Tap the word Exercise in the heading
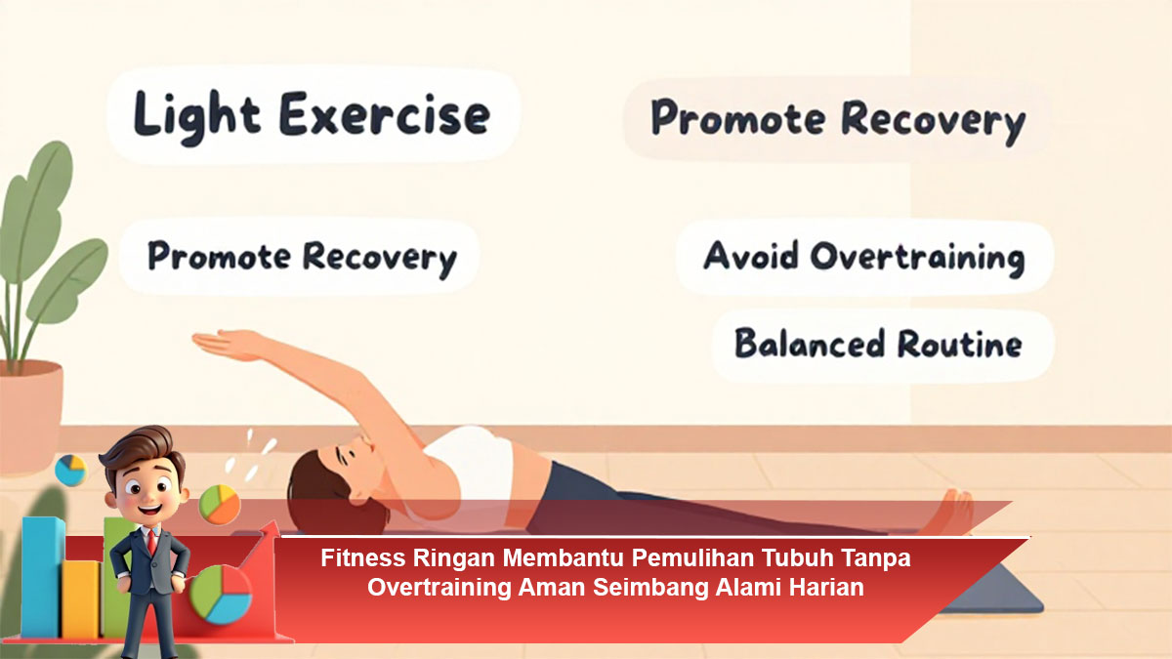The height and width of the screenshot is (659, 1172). (385, 114)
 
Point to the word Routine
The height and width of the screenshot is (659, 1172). (959, 344)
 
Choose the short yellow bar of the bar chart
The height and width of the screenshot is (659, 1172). (82, 599)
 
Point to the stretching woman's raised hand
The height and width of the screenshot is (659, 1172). (225, 344)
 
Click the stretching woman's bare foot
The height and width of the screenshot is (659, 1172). (949, 513)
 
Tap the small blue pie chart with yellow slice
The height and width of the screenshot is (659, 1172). (70, 471)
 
